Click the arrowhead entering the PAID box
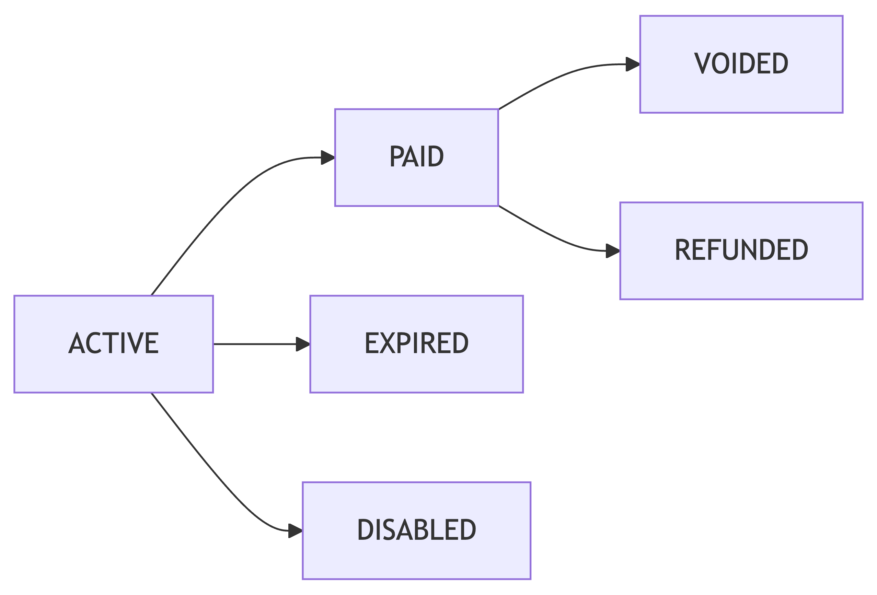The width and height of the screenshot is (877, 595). click(327, 157)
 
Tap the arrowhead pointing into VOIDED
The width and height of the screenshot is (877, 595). click(633, 64)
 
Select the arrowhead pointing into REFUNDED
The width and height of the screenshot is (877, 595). click(612, 250)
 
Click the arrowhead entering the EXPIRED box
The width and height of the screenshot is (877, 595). click(303, 344)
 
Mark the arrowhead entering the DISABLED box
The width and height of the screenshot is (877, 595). click(295, 530)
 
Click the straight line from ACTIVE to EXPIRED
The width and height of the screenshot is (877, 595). click(257, 344)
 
